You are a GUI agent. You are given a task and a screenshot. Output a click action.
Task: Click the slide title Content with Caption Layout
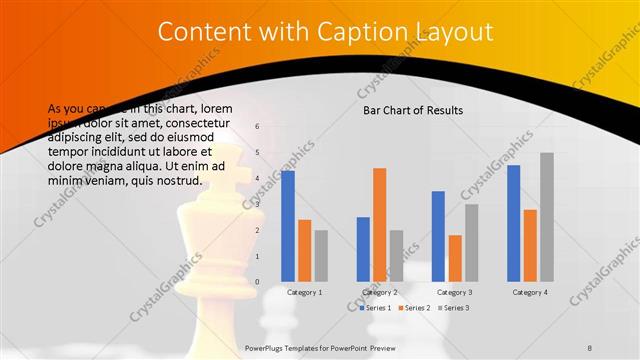click(326, 33)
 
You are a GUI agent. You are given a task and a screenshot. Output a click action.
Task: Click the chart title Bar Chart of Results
click(412, 110)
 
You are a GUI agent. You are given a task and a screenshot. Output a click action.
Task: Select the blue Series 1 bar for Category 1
click(288, 225)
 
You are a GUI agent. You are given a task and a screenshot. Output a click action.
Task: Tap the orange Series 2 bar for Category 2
click(379, 224)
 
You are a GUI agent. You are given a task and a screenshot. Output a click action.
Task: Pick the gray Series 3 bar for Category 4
click(546, 216)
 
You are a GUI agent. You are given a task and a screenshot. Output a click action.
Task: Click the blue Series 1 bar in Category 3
click(438, 236)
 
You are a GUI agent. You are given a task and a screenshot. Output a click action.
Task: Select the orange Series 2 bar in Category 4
click(530, 245)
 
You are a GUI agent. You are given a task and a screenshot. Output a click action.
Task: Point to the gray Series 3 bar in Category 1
click(320, 255)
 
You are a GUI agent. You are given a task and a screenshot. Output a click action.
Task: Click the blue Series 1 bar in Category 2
click(363, 249)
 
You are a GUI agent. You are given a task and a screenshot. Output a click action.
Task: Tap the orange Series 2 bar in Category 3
click(454, 258)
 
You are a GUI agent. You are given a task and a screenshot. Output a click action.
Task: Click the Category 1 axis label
click(304, 292)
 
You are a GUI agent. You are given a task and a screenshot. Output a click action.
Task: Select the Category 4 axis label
click(530, 292)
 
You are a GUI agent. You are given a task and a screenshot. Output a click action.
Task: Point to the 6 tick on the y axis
click(257, 127)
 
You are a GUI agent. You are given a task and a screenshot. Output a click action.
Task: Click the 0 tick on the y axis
click(257, 282)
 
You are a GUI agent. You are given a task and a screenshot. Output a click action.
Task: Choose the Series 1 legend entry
click(377, 308)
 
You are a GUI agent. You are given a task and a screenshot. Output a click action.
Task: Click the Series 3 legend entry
click(455, 308)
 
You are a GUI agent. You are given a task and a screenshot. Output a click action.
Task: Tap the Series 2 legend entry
click(416, 308)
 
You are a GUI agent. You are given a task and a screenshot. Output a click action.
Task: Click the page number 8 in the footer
click(590, 347)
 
